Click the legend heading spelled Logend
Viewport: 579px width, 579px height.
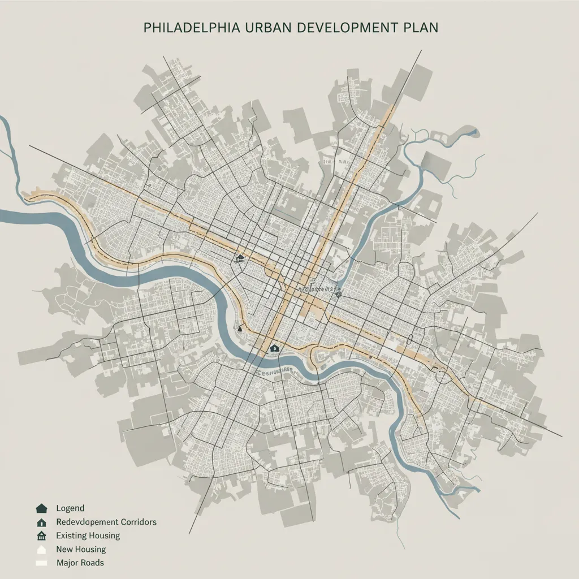70,509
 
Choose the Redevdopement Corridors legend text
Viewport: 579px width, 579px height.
106,522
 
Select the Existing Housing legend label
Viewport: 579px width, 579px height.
88,535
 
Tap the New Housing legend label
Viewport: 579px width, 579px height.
81,549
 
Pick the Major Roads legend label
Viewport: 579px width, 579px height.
80,563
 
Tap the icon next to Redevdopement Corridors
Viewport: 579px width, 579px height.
41,522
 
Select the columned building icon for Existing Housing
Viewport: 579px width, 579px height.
41,535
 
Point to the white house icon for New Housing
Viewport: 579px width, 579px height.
41,549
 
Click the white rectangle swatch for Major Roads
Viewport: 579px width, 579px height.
41,563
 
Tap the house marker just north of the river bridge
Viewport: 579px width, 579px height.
274,348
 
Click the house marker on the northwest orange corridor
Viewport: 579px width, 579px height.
241,258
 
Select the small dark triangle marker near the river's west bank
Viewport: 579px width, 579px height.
240,327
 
